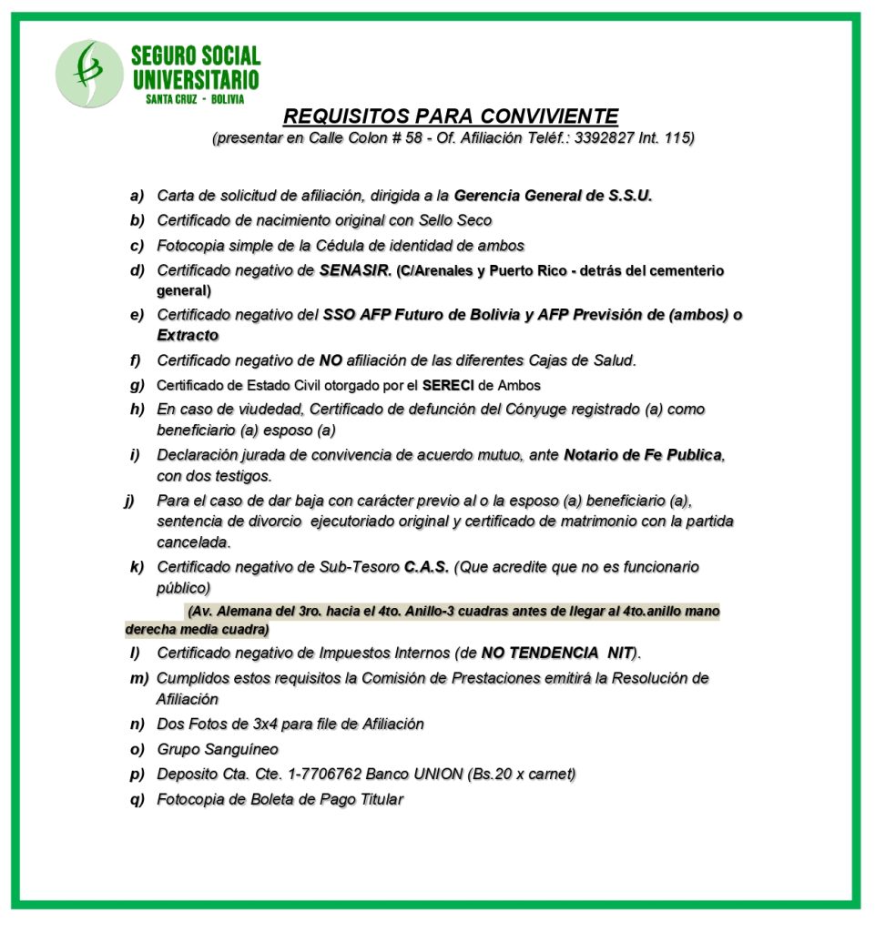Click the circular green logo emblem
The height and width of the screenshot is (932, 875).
[x=88, y=74]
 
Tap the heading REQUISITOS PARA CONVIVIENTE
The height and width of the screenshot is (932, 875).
[x=451, y=116]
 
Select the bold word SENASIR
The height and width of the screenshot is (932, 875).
[x=355, y=270]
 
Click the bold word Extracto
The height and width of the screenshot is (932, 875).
[x=188, y=335]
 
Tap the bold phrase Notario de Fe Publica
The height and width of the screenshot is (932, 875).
[x=644, y=454]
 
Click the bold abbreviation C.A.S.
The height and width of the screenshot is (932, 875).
[x=426, y=567]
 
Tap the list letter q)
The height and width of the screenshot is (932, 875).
[x=137, y=799]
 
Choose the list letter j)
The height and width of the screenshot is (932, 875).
[x=130, y=500]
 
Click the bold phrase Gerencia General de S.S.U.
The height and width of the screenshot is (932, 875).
[x=553, y=195]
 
